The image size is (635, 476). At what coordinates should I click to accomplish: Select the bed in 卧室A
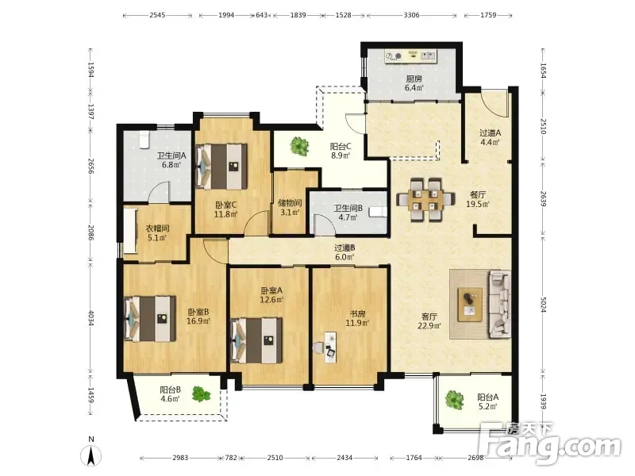pos(256,340)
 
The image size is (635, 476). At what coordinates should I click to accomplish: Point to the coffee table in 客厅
pos(470,305)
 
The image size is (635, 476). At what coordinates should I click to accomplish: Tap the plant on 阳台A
pos(454,400)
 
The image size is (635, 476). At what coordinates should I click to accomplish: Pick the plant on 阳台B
pos(202,393)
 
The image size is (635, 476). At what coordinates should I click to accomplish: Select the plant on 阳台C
pos(300,146)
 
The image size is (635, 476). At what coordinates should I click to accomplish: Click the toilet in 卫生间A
pos(144,140)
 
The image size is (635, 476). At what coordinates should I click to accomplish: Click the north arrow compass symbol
pos(91,453)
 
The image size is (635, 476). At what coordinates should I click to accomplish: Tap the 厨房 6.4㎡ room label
pos(414,83)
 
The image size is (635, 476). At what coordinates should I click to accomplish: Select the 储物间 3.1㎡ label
pos(290,207)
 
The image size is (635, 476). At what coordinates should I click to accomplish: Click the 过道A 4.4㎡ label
pos(490,137)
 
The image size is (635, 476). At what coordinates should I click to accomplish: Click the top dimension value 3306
pos(411,15)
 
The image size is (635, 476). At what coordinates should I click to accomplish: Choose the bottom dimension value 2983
pos(180,458)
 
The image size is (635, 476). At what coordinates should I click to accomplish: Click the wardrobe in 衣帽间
pos(130,232)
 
